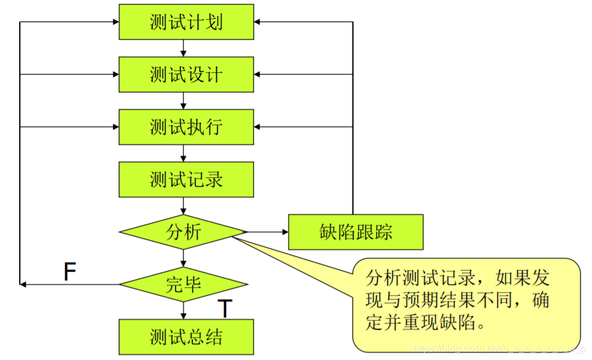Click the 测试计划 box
coord(186,22)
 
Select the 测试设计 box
coord(186,75)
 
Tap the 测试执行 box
coord(186,127)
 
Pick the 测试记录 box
coord(186,180)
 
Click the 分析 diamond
coord(184,232)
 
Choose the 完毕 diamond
coord(184,284)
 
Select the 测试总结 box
coord(186,337)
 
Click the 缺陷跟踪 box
coord(356,232)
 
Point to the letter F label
coord(70,272)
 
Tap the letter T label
coord(226,309)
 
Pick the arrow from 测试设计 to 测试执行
coord(184,101)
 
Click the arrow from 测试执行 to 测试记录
coord(184,153)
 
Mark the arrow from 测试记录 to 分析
coord(184,206)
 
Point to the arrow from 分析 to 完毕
coord(184,258)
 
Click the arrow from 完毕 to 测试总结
coord(184,311)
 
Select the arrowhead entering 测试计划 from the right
coord(258,22)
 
